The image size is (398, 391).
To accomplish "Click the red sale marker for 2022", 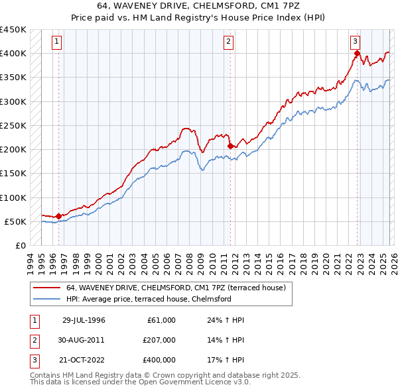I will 357,54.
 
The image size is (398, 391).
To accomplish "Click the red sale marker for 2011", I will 230,146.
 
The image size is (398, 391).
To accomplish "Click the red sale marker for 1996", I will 58,216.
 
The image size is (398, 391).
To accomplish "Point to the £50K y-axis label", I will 16,221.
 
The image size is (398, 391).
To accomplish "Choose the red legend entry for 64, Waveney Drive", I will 175,288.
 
